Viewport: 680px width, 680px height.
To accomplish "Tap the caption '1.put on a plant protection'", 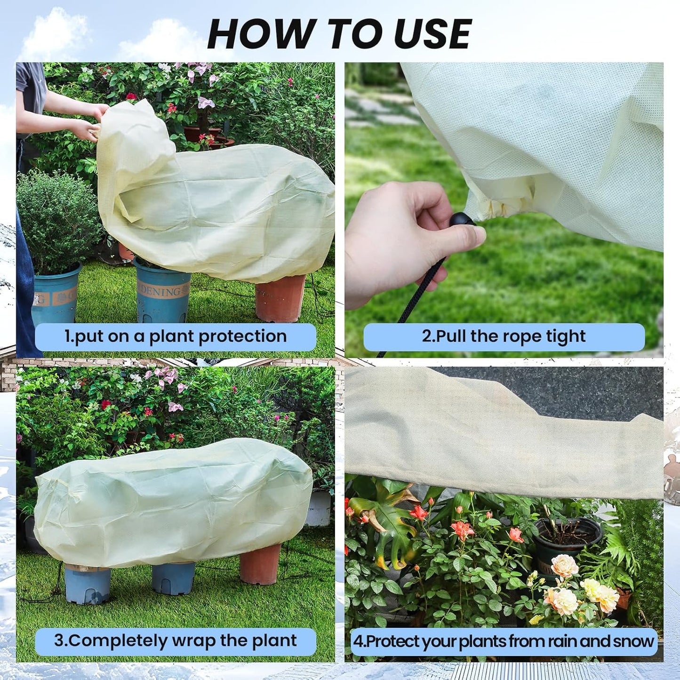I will click(175, 336).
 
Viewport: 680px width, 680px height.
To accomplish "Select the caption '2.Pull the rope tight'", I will click(504, 336).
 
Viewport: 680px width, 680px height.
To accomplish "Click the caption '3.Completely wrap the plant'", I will click(175, 641).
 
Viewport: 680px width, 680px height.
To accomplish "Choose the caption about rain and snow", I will click(504, 641).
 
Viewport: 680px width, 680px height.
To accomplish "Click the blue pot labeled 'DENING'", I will click(162, 292).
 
